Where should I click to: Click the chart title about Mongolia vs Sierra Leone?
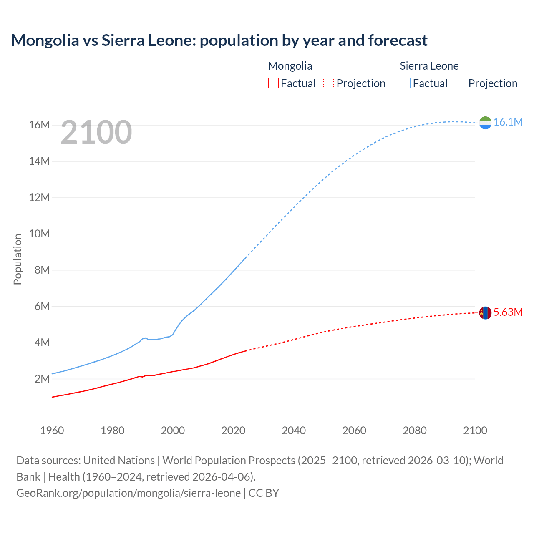[x=219, y=40]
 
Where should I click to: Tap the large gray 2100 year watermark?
[x=96, y=132]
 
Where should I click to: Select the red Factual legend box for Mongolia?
[x=273, y=83]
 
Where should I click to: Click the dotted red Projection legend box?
[x=329, y=83]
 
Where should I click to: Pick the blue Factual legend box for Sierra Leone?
[x=405, y=83]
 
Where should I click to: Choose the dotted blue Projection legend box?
[x=461, y=83]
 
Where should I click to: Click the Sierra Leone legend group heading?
[x=429, y=66]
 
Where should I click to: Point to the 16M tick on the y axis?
[x=39, y=125]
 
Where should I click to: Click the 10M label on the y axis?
[x=39, y=234]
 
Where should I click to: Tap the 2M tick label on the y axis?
[x=42, y=379]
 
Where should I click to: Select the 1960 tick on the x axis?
[x=52, y=431]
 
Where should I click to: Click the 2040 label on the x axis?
[x=294, y=431]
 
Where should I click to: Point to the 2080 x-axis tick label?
[x=415, y=431]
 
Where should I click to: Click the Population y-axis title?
[x=18, y=259]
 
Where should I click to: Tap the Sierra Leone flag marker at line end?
[x=485, y=123]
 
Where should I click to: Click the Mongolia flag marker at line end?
[x=485, y=312]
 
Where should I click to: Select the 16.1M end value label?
[x=508, y=122]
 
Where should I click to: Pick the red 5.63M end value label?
[x=508, y=312]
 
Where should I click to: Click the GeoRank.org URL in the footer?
[x=128, y=493]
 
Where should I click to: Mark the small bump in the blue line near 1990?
[x=145, y=338]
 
